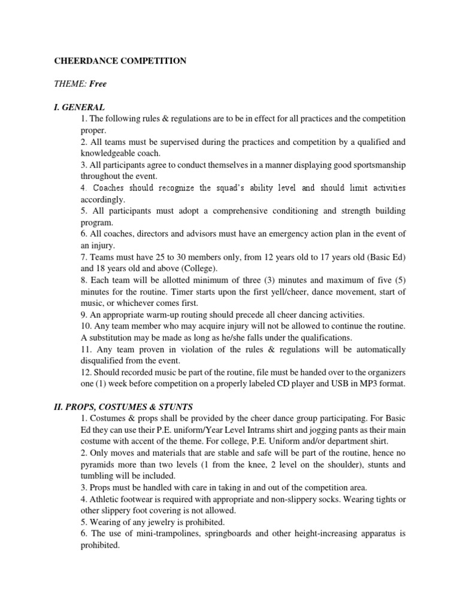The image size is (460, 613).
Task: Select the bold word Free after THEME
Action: (98, 84)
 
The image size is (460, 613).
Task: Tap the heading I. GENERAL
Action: (80, 107)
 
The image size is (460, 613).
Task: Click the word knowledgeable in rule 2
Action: (108, 154)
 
